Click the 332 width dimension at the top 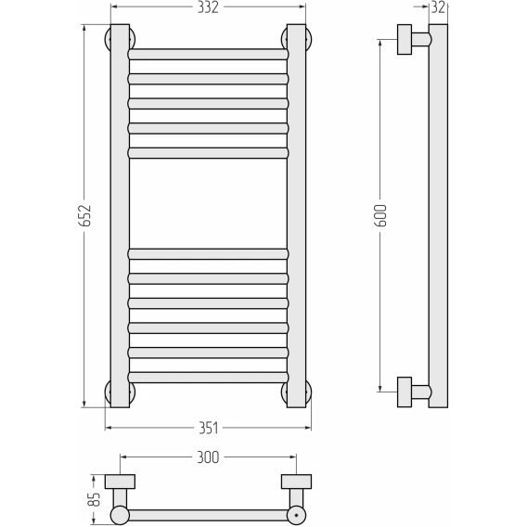coord(208,7)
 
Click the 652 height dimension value coord(86,215)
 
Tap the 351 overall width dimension coord(209,429)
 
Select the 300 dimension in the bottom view coord(208,457)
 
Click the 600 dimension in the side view coord(381,215)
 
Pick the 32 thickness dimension coord(438,7)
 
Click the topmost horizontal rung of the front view coord(208,55)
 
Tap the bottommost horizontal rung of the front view coord(208,377)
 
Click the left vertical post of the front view coord(120,216)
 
